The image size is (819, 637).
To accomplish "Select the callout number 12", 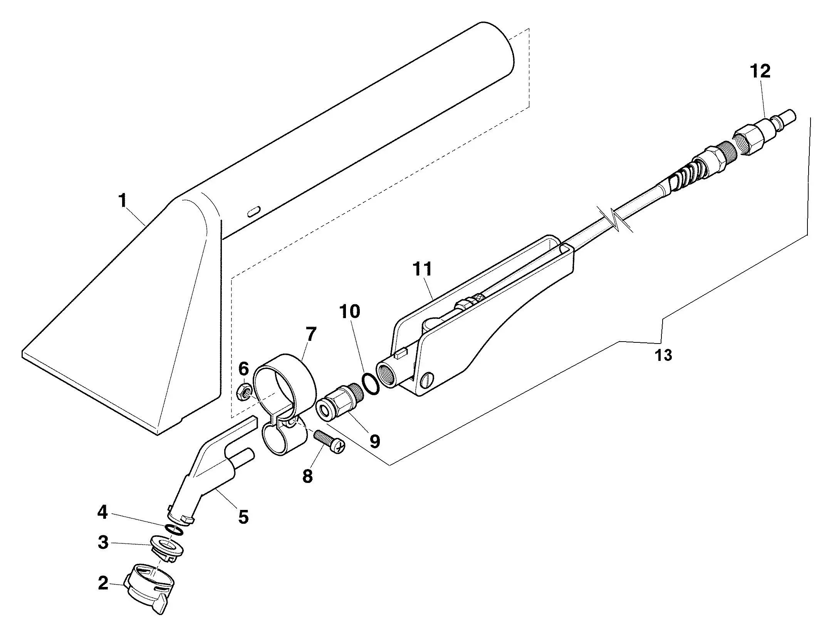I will pyautogui.click(x=760, y=72).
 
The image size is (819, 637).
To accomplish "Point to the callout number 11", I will pyautogui.click(x=422, y=269).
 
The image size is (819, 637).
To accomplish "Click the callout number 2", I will pyautogui.click(x=103, y=583).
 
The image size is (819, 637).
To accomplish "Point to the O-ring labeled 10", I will pyautogui.click(x=371, y=384).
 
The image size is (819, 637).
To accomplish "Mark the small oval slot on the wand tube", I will pyautogui.click(x=254, y=211).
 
